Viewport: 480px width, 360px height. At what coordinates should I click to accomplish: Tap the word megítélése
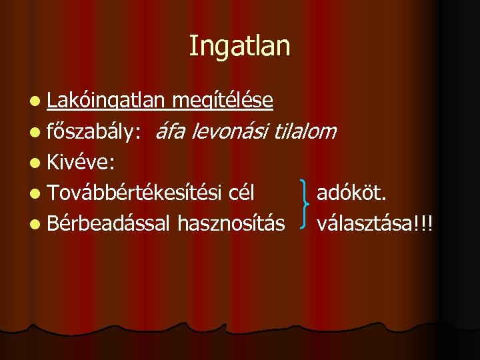(222, 101)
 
